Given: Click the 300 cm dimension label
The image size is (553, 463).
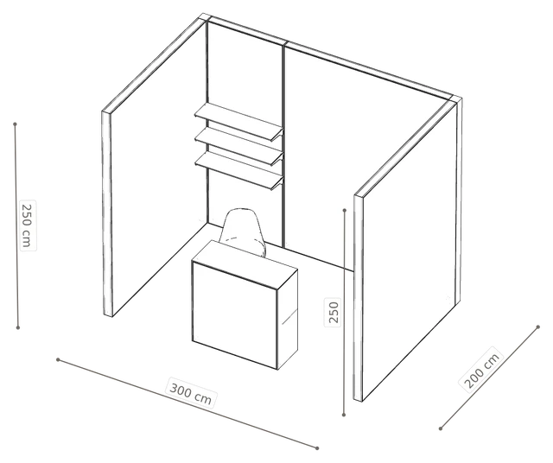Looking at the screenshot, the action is pyautogui.click(x=191, y=394).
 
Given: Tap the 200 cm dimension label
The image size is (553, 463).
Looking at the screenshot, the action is pyautogui.click(x=482, y=371).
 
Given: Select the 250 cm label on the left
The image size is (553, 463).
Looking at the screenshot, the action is pyautogui.click(x=27, y=225).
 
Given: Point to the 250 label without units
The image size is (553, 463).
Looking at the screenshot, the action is pyautogui.click(x=334, y=312).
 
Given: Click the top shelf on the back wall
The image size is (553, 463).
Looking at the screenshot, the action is pyautogui.click(x=239, y=121).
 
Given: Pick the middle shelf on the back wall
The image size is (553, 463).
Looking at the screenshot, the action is pyautogui.click(x=239, y=145).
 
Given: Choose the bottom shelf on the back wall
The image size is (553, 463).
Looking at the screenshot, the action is pyautogui.click(x=239, y=169).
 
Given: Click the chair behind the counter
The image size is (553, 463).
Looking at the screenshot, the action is pyautogui.click(x=243, y=230).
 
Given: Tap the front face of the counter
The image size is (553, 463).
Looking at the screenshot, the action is pyautogui.click(x=235, y=315).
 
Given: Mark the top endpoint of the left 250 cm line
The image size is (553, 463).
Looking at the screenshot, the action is pyautogui.click(x=16, y=124).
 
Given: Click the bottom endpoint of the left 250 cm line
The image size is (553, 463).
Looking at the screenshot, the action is pyautogui.click(x=18, y=327).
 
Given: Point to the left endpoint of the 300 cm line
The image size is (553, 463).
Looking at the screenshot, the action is pyautogui.click(x=58, y=359).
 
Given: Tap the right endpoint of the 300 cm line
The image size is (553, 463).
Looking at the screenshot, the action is pyautogui.click(x=317, y=448).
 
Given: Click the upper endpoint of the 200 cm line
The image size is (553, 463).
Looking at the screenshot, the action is pyautogui.click(x=537, y=327).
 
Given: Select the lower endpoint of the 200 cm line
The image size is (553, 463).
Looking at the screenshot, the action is pyautogui.click(x=441, y=428).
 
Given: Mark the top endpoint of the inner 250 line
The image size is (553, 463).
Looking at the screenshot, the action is pyautogui.click(x=345, y=210).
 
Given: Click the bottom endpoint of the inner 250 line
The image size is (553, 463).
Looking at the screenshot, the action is pyautogui.click(x=344, y=415).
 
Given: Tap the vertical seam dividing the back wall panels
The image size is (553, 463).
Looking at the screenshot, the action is pyautogui.click(x=283, y=144).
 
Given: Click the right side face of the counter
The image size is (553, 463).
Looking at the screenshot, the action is pyautogui.click(x=288, y=319).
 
